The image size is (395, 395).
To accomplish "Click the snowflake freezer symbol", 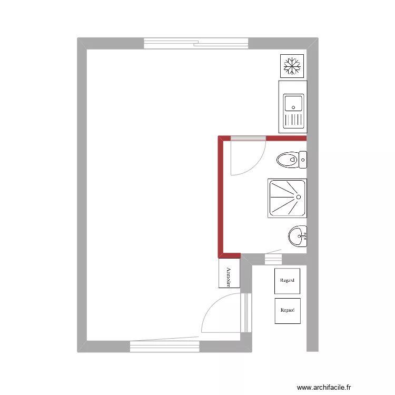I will (292, 66).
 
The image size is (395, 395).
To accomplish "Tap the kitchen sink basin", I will (293, 102).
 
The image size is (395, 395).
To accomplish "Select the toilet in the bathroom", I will (288, 159).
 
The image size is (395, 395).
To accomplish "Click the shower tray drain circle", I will (299, 197).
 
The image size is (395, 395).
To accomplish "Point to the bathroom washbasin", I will (298, 236).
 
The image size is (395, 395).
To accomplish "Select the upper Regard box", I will (288, 281).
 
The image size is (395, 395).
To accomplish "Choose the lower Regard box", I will (288, 311).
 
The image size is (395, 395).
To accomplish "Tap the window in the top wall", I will (196, 43).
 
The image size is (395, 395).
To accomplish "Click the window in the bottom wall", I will (165, 347).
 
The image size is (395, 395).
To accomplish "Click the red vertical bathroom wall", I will (221, 195).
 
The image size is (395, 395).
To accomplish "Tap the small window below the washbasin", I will (273, 259).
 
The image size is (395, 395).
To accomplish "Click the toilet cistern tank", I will (303, 159).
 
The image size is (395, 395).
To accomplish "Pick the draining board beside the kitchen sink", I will (294, 120).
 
